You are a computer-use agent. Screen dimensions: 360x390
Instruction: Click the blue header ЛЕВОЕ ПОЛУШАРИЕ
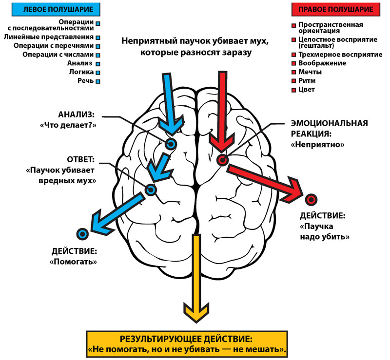pyautogui.click(x=51, y=9)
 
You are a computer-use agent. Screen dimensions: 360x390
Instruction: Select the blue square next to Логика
pyautogui.click(x=98, y=72)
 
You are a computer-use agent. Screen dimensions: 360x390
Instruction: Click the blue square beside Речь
pyautogui.click(x=98, y=81)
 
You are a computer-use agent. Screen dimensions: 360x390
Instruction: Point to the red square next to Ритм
pyautogui.click(x=293, y=81)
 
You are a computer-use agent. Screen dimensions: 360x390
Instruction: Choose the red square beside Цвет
pyautogui.click(x=293, y=90)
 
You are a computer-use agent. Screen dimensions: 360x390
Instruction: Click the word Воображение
pyautogui.click(x=322, y=63)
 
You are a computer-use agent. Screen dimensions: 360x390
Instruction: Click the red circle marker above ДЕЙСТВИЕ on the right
pyautogui.click(x=311, y=199)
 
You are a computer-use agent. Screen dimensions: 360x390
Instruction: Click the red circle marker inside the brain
pyautogui.click(x=222, y=160)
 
